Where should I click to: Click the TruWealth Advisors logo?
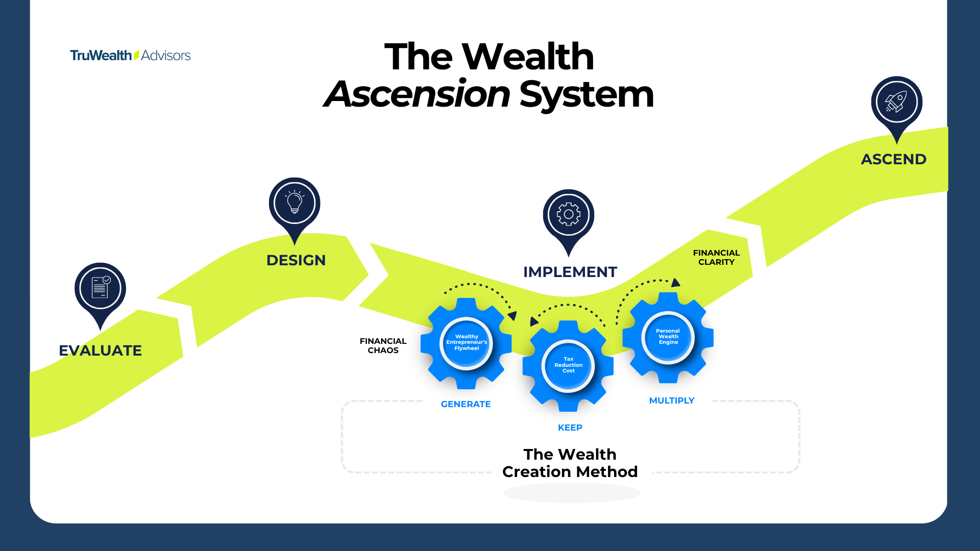click(130, 55)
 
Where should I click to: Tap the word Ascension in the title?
click(418, 94)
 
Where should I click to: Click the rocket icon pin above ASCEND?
click(896, 102)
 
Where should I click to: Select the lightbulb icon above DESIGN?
click(295, 203)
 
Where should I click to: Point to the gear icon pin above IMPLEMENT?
click(569, 215)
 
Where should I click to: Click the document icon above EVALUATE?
click(100, 288)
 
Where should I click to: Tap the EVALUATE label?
click(101, 350)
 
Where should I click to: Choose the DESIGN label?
click(296, 260)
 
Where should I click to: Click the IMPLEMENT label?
click(570, 272)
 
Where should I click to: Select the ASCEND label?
click(894, 159)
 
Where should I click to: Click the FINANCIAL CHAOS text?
click(383, 345)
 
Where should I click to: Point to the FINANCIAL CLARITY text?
click(716, 257)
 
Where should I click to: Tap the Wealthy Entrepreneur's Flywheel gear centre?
click(467, 343)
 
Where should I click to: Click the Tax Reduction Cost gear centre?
click(568, 365)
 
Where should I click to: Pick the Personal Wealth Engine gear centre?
click(668, 337)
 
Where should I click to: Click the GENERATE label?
click(465, 404)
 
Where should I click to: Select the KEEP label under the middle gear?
click(570, 428)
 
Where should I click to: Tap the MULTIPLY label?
click(672, 400)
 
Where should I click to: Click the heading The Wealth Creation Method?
click(570, 463)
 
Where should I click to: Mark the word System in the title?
click(586, 94)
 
